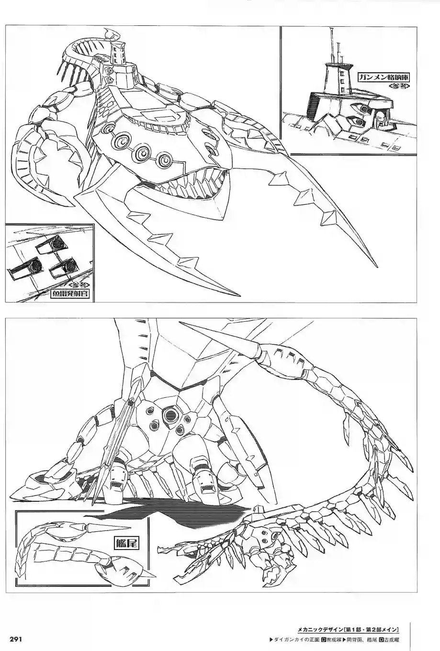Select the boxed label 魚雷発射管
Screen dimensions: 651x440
pyautogui.click(x=70, y=294)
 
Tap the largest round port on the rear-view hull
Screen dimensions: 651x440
pyautogui.click(x=170, y=415)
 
